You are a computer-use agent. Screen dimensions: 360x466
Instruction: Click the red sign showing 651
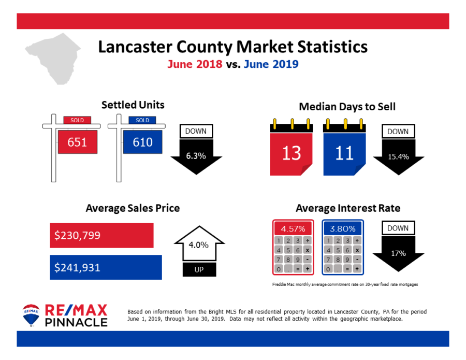click(x=78, y=141)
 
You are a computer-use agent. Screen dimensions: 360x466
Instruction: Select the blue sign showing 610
click(x=142, y=141)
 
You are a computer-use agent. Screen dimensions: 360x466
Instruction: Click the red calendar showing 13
click(x=292, y=152)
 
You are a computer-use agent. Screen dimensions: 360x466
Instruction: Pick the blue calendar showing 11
click(x=344, y=152)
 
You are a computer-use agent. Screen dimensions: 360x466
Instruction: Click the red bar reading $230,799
click(x=101, y=235)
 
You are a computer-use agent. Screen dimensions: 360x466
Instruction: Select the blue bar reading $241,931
click(x=106, y=267)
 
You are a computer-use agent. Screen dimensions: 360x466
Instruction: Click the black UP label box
click(x=199, y=270)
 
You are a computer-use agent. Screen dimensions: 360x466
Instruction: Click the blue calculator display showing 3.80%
click(x=343, y=228)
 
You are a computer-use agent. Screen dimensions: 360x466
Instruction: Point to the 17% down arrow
click(x=398, y=253)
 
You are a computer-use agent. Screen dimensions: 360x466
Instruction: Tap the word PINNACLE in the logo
click(x=77, y=322)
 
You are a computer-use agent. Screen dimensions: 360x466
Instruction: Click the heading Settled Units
click(x=133, y=105)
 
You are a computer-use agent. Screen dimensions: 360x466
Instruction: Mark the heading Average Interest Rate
click(x=347, y=208)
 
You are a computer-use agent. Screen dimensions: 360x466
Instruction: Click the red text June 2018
click(x=195, y=65)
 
